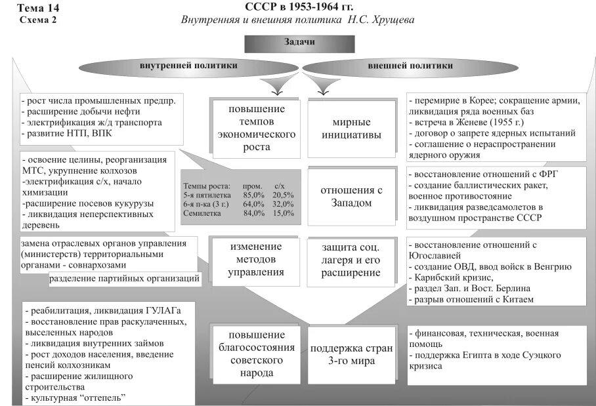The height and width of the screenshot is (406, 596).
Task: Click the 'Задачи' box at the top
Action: point(299,43)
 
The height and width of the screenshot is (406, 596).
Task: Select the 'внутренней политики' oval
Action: point(188,66)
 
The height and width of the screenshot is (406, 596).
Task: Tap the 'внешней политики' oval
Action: point(410,66)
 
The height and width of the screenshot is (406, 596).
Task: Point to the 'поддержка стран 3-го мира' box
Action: point(351,354)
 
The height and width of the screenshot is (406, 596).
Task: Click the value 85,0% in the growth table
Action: point(253,195)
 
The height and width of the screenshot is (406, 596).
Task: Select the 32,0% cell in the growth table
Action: point(283,204)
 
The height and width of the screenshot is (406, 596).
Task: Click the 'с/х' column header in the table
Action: point(280,186)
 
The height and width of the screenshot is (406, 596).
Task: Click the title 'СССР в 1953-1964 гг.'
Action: point(299,7)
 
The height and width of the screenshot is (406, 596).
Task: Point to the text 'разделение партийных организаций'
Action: point(125,279)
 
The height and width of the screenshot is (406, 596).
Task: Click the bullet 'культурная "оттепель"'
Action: point(75,397)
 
